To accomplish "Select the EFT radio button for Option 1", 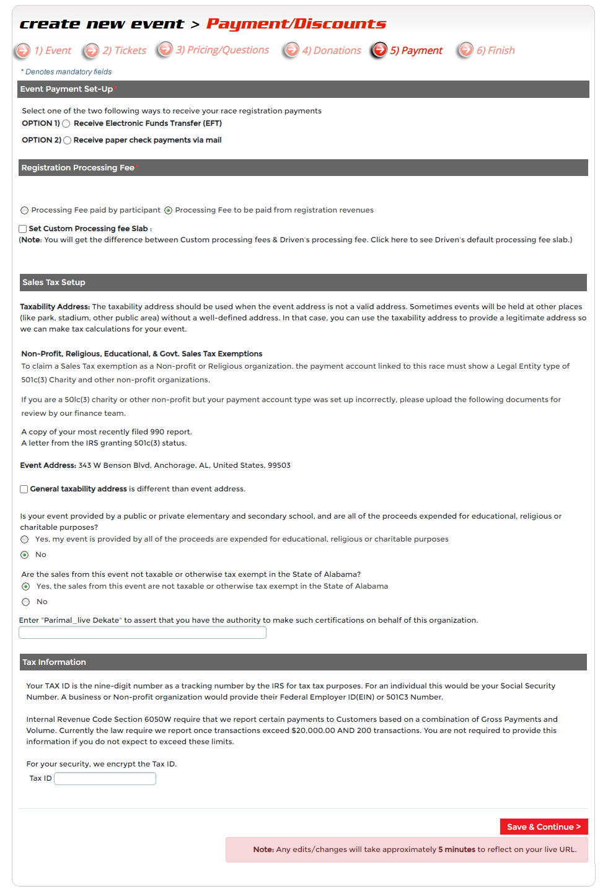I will (66, 124).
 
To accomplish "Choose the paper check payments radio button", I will (67, 141).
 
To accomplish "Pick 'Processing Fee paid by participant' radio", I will (25, 211).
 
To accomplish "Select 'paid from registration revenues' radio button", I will (168, 211).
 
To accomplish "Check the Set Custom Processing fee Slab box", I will (23, 229).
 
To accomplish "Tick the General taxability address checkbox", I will (24, 490).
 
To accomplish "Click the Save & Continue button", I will (544, 827).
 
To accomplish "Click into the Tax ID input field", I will (105, 779).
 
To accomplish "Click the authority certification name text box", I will (143, 633).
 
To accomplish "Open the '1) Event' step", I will (52, 51).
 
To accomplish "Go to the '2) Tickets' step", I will (124, 51).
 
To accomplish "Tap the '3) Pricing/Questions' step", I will (221, 50).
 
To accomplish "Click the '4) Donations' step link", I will (331, 51).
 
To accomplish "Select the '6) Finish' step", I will (495, 51).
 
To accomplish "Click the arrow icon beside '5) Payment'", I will (379, 50).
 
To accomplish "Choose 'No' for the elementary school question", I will (25, 555).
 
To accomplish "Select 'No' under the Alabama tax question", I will (26, 602).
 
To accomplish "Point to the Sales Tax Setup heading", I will (54, 283).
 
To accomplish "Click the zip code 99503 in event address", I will (279, 465).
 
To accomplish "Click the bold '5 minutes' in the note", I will (457, 850).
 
